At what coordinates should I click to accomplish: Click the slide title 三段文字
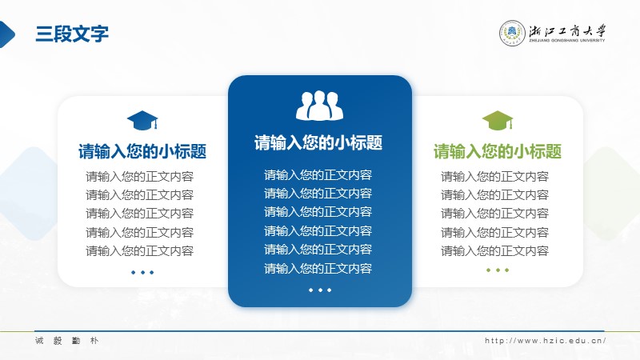[72, 34]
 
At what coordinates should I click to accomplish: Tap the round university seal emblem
[512, 33]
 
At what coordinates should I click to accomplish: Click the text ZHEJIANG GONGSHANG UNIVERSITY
[567, 41]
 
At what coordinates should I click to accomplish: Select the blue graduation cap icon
[142, 121]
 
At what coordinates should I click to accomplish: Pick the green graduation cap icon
[498, 121]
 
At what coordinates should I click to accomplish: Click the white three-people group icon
[319, 106]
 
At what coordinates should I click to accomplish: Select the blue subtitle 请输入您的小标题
[142, 151]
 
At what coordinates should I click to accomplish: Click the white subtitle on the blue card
[318, 143]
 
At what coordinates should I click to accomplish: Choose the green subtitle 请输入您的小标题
[498, 151]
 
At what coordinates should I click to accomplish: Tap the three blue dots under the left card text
[142, 272]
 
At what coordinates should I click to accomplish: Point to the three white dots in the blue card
[320, 290]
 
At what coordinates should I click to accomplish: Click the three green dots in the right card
[498, 270]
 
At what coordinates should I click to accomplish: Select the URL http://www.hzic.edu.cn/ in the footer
[546, 341]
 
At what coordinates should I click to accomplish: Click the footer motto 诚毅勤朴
[66, 341]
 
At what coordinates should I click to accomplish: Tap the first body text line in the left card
[139, 176]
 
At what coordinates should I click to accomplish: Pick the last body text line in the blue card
[318, 268]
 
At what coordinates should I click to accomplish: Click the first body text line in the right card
[494, 176]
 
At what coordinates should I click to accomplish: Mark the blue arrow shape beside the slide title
[7, 34]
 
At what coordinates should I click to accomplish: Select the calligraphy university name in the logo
[567, 31]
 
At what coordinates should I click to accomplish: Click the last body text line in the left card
[139, 250]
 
